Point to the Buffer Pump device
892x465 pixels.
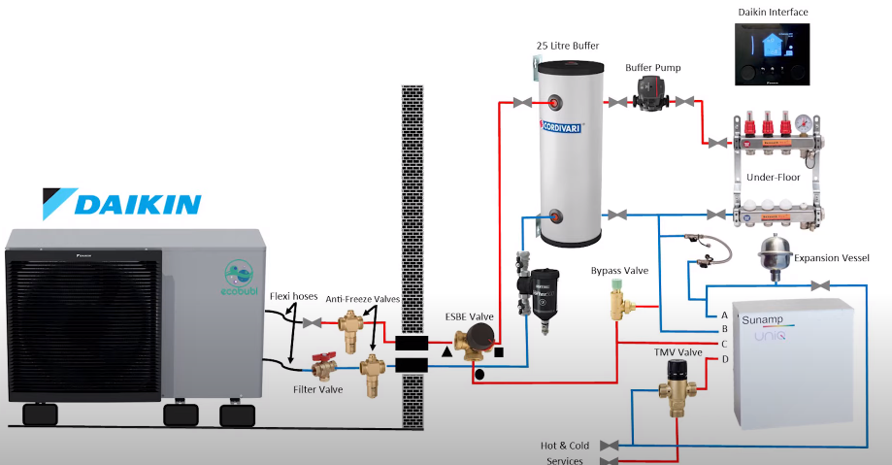(648, 98)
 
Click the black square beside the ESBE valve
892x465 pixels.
(499, 350)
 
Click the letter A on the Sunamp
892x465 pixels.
(724, 316)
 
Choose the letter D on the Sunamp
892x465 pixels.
(724, 359)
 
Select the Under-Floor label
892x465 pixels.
(773, 178)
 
